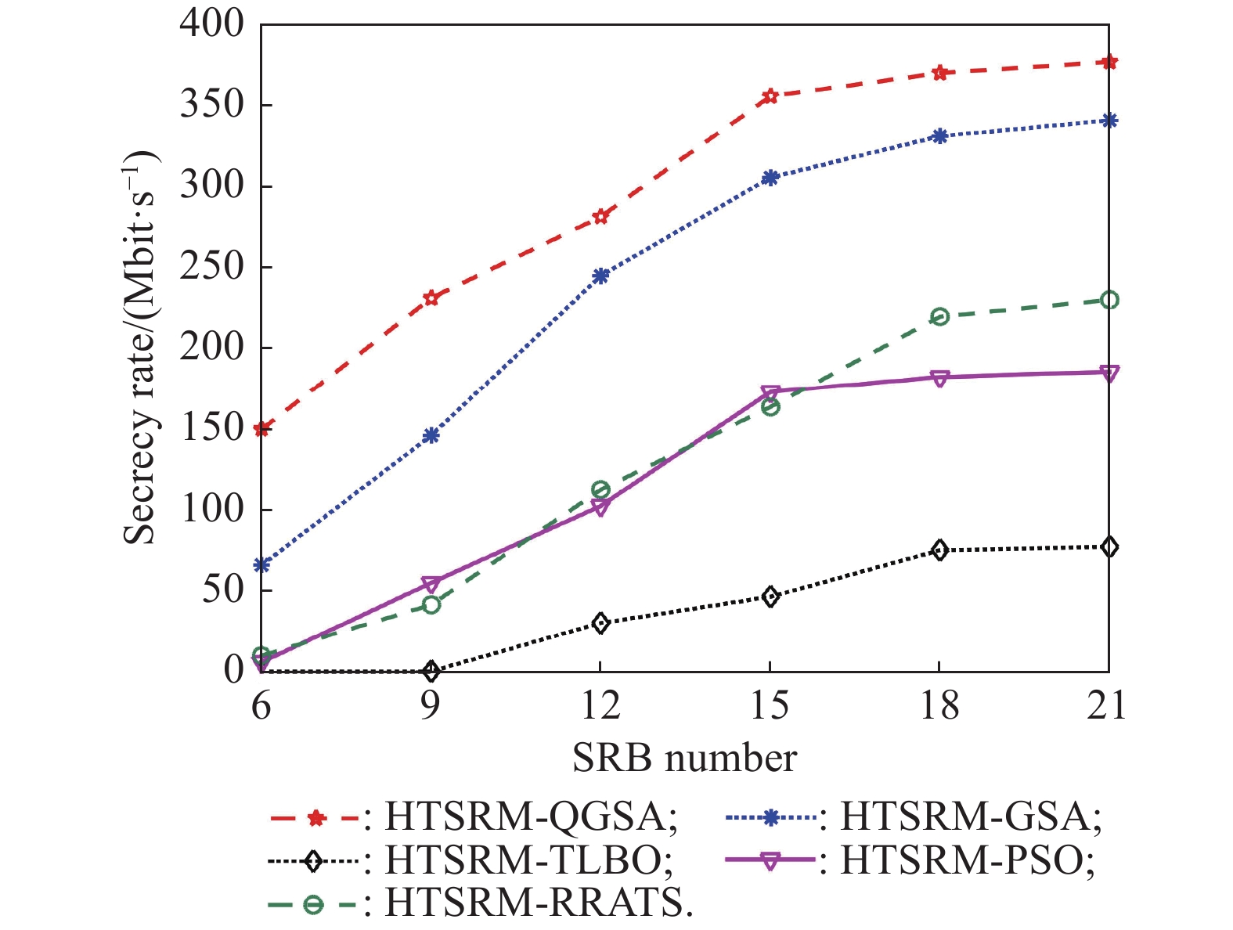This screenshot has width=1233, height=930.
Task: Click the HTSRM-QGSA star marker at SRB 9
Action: click(x=431, y=297)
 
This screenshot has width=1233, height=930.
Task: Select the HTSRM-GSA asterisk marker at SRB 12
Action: click(x=600, y=276)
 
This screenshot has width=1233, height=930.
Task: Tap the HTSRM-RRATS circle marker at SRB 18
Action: click(x=939, y=317)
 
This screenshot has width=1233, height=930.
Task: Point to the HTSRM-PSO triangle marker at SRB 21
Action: click(x=1109, y=373)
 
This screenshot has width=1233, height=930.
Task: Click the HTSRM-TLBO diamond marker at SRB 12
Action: click(x=600, y=623)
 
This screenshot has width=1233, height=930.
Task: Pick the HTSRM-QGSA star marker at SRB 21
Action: click(x=1109, y=62)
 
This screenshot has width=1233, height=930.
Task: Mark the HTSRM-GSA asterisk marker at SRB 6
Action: click(x=261, y=564)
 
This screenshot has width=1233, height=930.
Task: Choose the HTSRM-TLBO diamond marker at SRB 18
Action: click(x=939, y=550)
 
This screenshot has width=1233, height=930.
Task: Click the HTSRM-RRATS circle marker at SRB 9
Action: click(x=431, y=604)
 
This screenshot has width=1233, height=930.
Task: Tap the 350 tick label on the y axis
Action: click(x=212, y=106)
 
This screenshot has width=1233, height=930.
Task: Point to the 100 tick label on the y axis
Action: click(x=212, y=510)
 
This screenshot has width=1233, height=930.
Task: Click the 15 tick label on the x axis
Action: click(x=770, y=706)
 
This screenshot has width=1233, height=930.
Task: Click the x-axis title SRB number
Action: click(x=684, y=758)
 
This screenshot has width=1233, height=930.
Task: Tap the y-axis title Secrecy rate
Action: click(x=142, y=348)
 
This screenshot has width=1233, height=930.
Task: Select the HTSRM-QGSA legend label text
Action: click(x=531, y=818)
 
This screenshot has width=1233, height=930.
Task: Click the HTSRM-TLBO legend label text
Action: click(x=529, y=861)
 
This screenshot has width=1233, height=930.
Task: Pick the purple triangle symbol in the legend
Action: click(x=770, y=861)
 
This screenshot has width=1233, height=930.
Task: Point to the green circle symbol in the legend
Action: click(x=313, y=905)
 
